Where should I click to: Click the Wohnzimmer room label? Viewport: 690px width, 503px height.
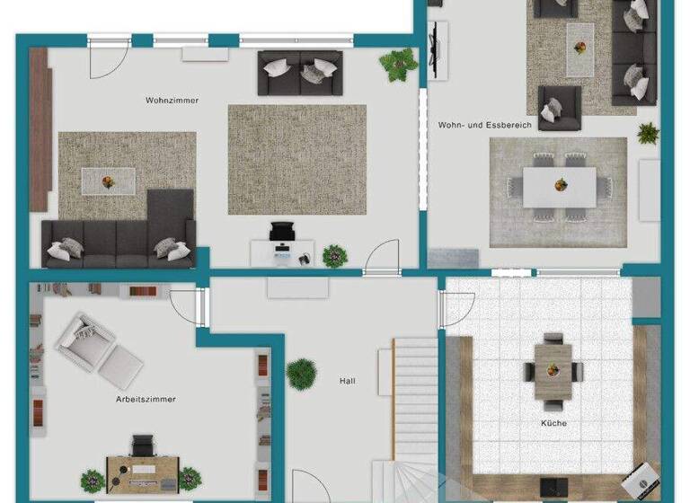172,101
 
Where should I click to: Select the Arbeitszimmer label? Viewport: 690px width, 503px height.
146,399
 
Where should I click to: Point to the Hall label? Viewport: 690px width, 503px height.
347,381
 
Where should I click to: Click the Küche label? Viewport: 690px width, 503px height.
553,423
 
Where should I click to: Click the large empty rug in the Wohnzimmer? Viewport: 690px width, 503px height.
296,159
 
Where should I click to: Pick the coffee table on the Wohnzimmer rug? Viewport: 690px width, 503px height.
109,180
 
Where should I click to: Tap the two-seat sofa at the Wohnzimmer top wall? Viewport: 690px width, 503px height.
299,73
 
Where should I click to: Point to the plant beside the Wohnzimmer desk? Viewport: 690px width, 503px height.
334,255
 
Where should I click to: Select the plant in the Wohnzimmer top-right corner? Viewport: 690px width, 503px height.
397,63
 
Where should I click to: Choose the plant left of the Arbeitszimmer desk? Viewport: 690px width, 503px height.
93,480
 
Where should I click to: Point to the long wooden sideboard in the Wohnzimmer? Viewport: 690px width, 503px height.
39,128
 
